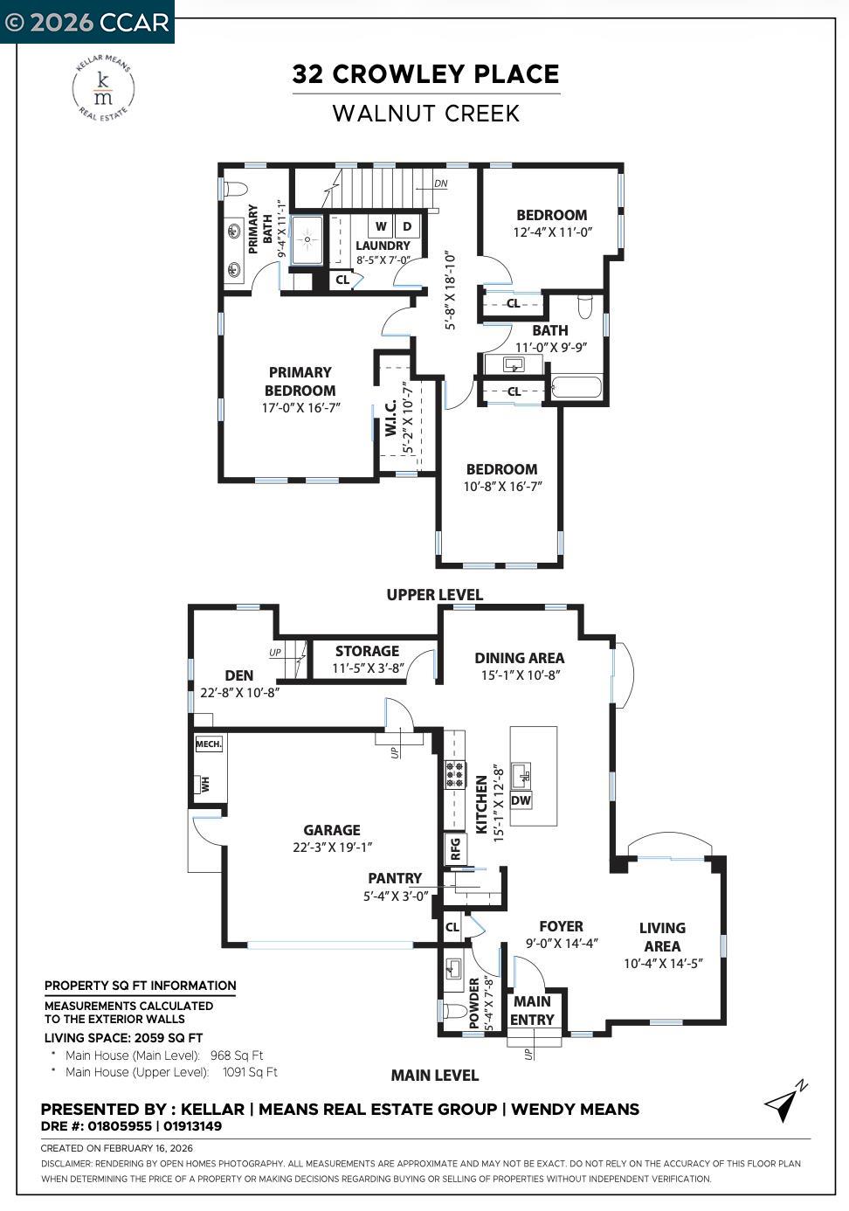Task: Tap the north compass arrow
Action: (x=784, y=1103)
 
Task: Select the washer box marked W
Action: (x=381, y=226)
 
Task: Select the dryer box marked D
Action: (x=407, y=226)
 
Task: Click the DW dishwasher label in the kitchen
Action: (x=521, y=800)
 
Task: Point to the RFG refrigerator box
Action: (x=455, y=848)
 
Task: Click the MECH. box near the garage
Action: (x=208, y=744)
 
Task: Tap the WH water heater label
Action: (x=206, y=784)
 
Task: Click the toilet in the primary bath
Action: (x=235, y=189)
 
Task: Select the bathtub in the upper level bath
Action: (x=576, y=386)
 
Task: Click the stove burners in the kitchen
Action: (x=455, y=774)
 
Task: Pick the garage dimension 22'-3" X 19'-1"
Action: (x=332, y=847)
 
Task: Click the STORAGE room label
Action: (x=367, y=651)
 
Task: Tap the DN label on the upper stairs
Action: (x=441, y=184)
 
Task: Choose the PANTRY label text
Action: (x=395, y=878)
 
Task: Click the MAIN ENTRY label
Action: (x=532, y=1011)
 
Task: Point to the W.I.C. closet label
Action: (x=391, y=418)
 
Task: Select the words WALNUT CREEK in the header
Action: (x=426, y=114)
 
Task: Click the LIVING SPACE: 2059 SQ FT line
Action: (x=123, y=1038)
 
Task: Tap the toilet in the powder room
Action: (x=455, y=1012)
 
